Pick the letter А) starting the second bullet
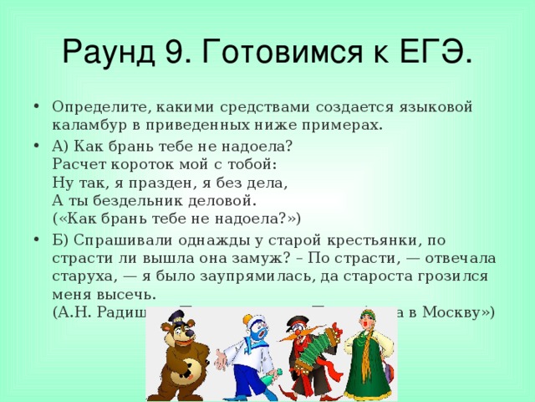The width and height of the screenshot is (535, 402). (61, 146)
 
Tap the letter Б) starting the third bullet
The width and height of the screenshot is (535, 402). (61, 239)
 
